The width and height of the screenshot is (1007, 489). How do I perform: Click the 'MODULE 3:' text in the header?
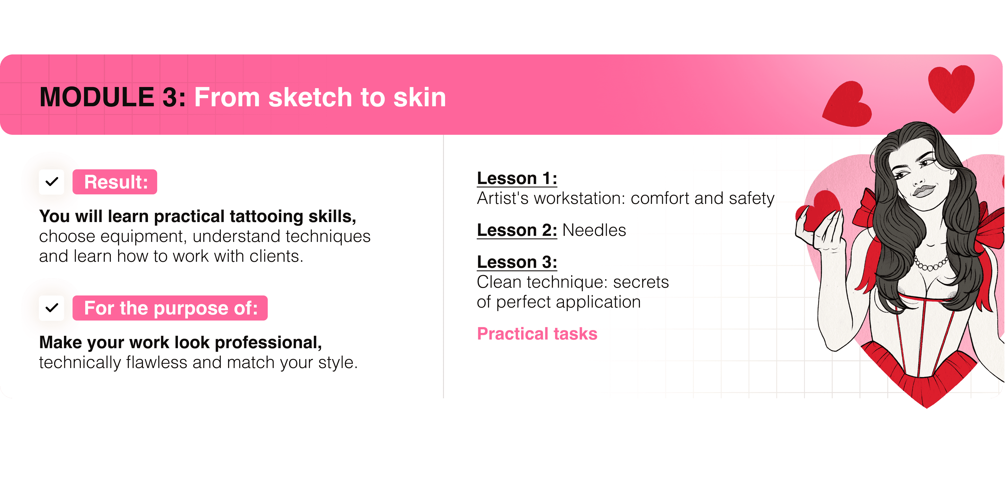click(x=113, y=97)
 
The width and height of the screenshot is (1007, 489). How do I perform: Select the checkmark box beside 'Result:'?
click(x=52, y=182)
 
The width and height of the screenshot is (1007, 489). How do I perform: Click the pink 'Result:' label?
click(x=115, y=182)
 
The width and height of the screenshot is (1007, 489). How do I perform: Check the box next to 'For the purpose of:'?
click(x=52, y=308)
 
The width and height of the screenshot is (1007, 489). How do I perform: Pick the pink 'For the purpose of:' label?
click(x=170, y=308)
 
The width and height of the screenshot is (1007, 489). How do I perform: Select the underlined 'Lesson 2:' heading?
click(x=517, y=230)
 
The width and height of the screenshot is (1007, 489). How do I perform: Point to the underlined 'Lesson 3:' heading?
click(x=517, y=262)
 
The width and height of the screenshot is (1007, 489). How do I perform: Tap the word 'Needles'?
click(x=594, y=230)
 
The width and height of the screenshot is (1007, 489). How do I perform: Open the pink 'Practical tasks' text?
click(x=537, y=334)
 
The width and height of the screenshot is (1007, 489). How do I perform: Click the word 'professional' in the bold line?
click(x=268, y=343)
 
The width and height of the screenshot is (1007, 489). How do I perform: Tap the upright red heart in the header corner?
click(x=951, y=88)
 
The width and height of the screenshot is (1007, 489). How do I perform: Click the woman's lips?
click(x=923, y=191)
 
